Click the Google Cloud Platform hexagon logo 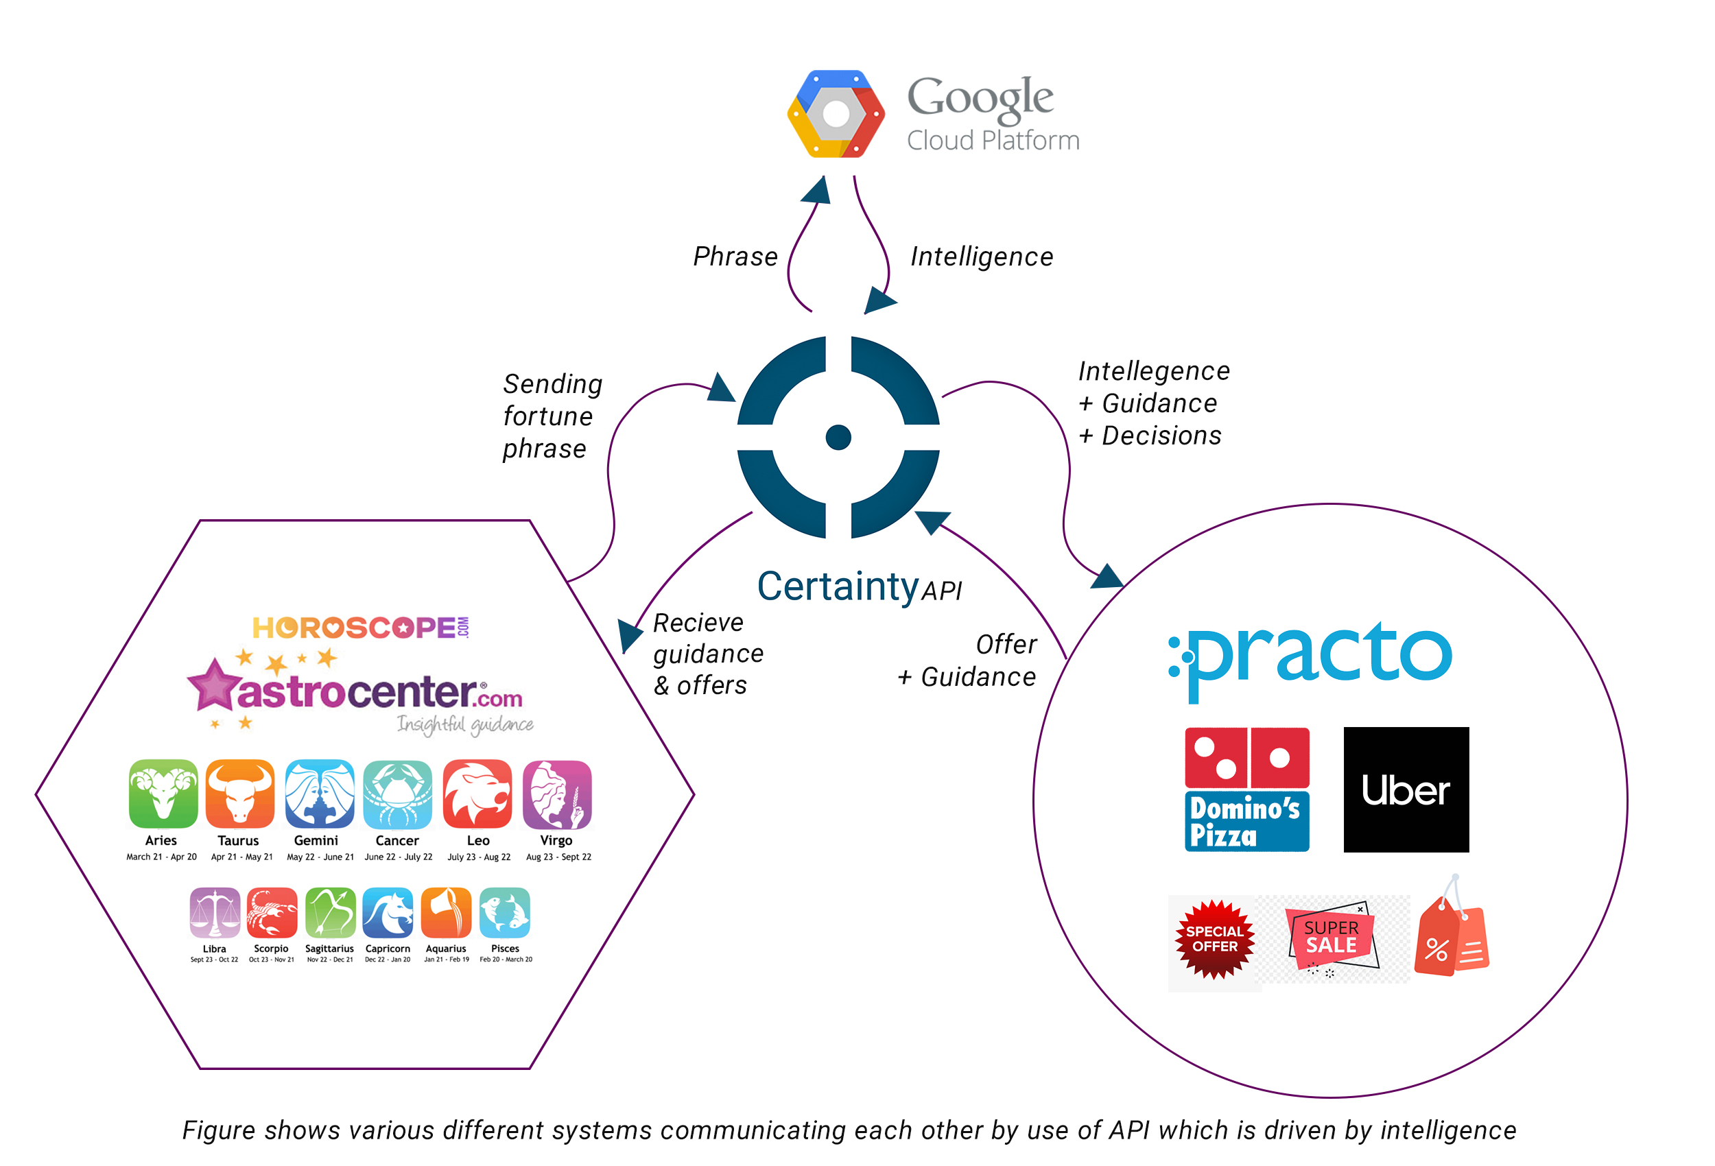pyautogui.click(x=836, y=114)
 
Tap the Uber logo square pyautogui.click(x=1405, y=789)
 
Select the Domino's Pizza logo pyautogui.click(x=1246, y=789)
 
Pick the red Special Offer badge pyautogui.click(x=1214, y=939)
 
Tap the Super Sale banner pyautogui.click(x=1332, y=937)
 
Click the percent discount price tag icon pyautogui.click(x=1451, y=934)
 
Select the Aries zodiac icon pyautogui.click(x=163, y=794)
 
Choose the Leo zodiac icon pyautogui.click(x=477, y=794)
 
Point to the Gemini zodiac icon pyautogui.click(x=320, y=794)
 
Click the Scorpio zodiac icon pyautogui.click(x=272, y=912)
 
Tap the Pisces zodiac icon pyautogui.click(x=505, y=912)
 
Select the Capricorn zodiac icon pyautogui.click(x=388, y=912)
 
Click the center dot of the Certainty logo pyautogui.click(x=838, y=437)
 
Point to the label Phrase pyautogui.click(x=735, y=257)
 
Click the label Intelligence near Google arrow pyautogui.click(x=982, y=257)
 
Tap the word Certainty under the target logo pyautogui.click(x=837, y=586)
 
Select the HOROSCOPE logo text pyautogui.click(x=360, y=628)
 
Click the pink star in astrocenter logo pyautogui.click(x=214, y=685)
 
